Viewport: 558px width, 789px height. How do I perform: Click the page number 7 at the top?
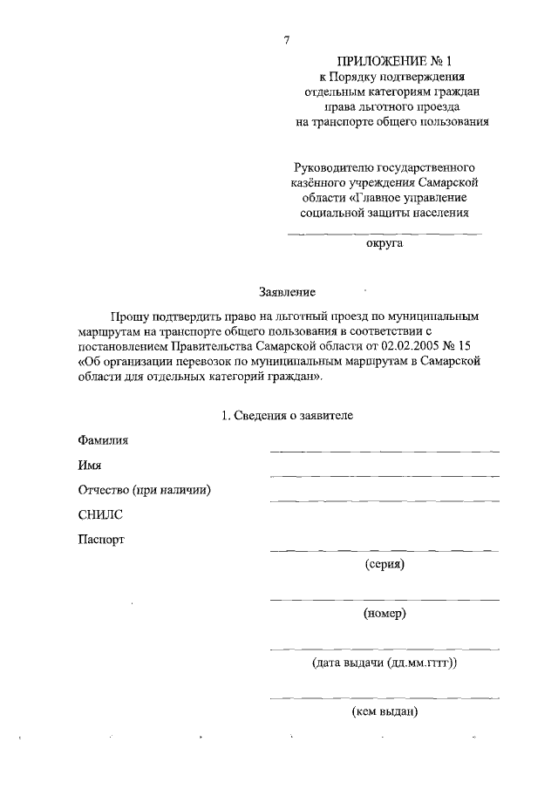click(286, 39)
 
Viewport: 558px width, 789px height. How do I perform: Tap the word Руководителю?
click(336, 166)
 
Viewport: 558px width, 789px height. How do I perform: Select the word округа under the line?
click(384, 245)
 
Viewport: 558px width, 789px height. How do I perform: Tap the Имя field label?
click(90, 466)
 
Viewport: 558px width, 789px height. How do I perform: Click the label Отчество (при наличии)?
click(145, 490)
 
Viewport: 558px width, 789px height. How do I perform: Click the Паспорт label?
click(101, 539)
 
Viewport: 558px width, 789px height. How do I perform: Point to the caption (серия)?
click(384, 563)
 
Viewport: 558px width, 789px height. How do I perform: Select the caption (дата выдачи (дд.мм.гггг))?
click(384, 663)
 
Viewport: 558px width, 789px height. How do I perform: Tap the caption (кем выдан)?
click(384, 712)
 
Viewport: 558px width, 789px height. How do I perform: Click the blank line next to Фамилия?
click(384, 452)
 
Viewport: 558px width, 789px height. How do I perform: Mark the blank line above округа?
click(384, 234)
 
